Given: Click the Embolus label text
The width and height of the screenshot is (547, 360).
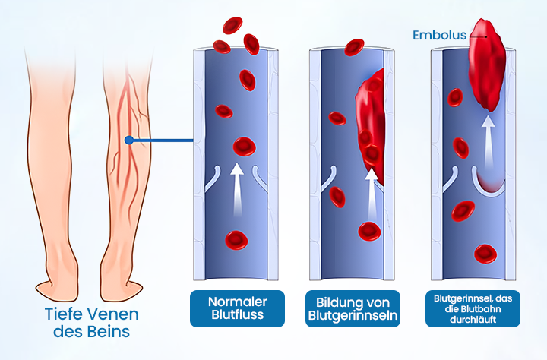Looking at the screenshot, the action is pyautogui.click(x=439, y=35).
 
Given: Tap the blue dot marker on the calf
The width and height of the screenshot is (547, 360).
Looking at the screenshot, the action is pyautogui.click(x=129, y=141).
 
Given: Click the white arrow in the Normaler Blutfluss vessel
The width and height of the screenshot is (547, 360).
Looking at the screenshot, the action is pyautogui.click(x=237, y=189).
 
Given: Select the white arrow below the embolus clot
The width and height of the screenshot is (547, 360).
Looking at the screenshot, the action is pyautogui.click(x=489, y=141).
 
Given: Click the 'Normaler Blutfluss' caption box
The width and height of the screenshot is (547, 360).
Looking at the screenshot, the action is pyautogui.click(x=237, y=308).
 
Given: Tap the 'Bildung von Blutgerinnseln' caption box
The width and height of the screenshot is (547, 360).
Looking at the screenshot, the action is pyautogui.click(x=353, y=308).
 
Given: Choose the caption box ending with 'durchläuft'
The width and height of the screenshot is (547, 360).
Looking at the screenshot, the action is pyautogui.click(x=473, y=308).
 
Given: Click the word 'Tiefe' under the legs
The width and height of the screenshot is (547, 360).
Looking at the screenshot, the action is pyautogui.click(x=62, y=314).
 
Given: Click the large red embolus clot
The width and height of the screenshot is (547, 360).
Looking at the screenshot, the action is pyautogui.click(x=487, y=65).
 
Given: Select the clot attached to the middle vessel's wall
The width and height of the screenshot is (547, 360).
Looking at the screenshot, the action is pyautogui.click(x=371, y=125).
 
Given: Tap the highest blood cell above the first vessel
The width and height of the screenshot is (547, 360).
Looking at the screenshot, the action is pyautogui.click(x=232, y=26).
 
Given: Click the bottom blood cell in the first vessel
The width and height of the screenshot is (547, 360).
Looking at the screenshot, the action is pyautogui.click(x=236, y=240).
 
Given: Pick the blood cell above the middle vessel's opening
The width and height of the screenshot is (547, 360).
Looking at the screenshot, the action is pyautogui.click(x=354, y=47).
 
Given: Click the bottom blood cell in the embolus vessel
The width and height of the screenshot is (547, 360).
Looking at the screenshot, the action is pyautogui.click(x=485, y=254).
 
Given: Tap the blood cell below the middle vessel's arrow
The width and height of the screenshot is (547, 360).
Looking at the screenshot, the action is pyautogui.click(x=369, y=231).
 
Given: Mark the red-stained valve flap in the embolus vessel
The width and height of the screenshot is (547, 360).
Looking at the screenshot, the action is pyautogui.click(x=489, y=183).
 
